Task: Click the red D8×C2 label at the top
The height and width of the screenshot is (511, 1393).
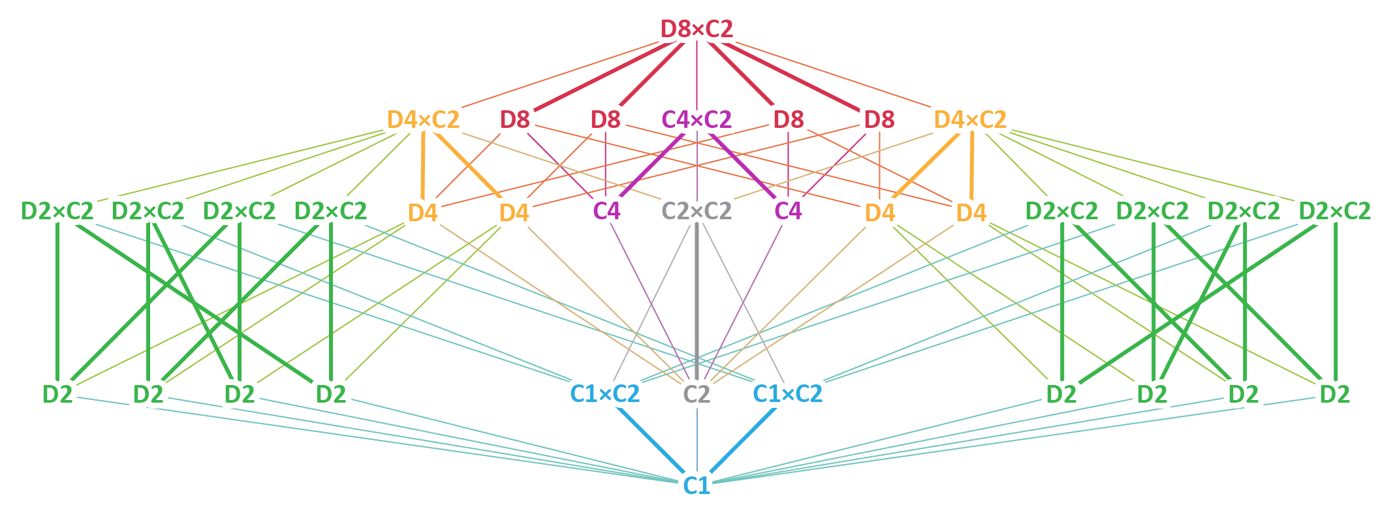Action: tap(696, 29)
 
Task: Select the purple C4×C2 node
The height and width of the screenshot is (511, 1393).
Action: tap(696, 119)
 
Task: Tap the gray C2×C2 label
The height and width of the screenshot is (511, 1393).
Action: tap(696, 211)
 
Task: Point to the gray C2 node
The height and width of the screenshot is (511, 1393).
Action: tap(696, 394)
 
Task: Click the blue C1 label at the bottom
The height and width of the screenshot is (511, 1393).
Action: tap(696, 486)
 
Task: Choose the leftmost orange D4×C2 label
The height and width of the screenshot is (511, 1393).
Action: tap(423, 119)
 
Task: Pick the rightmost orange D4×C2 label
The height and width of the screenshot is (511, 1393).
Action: tap(970, 119)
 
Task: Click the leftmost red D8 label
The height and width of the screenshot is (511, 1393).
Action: tap(515, 119)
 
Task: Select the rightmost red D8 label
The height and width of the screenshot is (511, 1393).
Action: tap(879, 119)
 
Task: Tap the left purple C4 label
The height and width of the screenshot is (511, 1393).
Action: tap(606, 211)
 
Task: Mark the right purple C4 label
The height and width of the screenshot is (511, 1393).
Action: tap(788, 211)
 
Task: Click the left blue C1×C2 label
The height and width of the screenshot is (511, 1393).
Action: tap(605, 394)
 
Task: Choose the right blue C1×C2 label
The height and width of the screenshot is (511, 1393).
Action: tap(788, 394)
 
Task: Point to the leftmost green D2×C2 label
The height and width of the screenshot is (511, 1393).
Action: tap(57, 211)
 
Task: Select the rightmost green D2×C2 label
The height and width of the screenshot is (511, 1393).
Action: tap(1335, 211)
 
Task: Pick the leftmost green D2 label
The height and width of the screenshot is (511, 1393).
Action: tap(57, 394)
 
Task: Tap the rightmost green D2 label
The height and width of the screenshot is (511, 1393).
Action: tap(1335, 394)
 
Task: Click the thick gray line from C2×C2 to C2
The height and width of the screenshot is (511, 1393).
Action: tap(696, 300)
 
